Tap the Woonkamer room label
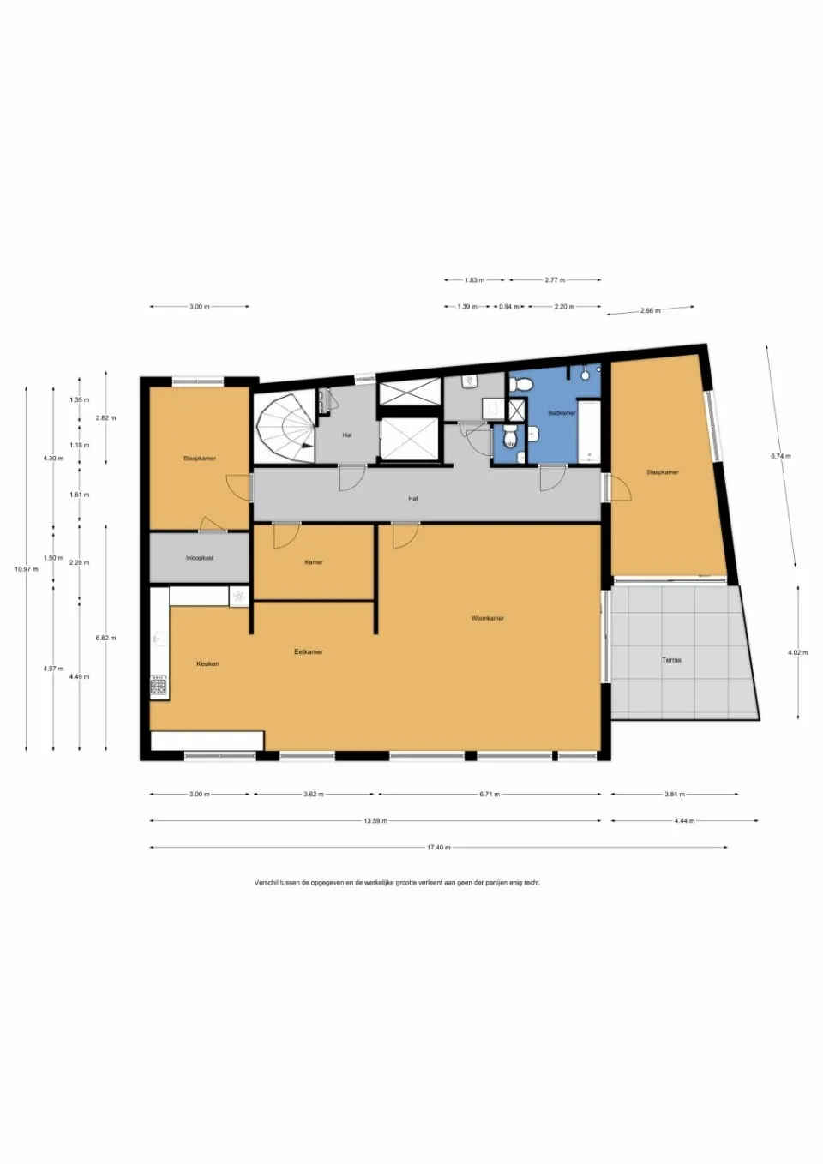(x=487, y=618)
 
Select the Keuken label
(x=207, y=663)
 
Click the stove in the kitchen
(x=159, y=685)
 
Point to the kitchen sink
(x=159, y=639)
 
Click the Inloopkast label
(x=200, y=558)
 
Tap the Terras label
(x=671, y=660)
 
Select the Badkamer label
(x=562, y=413)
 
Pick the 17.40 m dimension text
(x=438, y=848)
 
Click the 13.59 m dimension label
(x=375, y=821)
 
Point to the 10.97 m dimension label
(x=26, y=569)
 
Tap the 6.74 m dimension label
(x=780, y=456)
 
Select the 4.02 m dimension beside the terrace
(x=797, y=653)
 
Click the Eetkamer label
(x=309, y=651)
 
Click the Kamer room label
(x=314, y=562)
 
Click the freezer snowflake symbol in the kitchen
(x=239, y=595)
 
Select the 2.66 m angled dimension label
(x=650, y=310)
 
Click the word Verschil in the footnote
(x=266, y=882)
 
